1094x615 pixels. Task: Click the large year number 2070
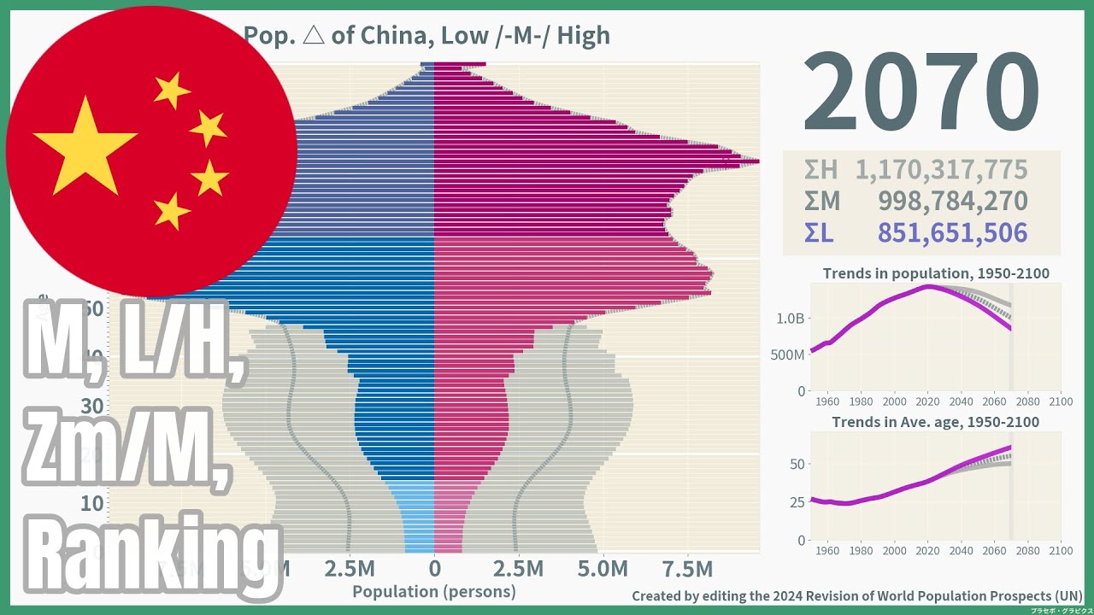(920, 92)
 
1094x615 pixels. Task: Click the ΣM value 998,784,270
(952, 202)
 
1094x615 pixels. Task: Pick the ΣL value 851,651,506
(952, 233)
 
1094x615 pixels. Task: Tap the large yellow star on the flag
(85, 146)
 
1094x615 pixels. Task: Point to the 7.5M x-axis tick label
(687, 569)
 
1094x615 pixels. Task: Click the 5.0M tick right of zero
(603, 569)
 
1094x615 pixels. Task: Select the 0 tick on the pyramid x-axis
(434, 569)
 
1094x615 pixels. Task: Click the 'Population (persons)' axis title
(434, 591)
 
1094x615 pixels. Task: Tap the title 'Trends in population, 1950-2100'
(936, 274)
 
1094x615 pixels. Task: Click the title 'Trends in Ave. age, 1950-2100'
(936, 422)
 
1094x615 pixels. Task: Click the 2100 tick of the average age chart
(1061, 551)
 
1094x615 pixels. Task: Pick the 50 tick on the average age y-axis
(796, 464)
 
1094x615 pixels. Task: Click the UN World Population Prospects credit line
(857, 595)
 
